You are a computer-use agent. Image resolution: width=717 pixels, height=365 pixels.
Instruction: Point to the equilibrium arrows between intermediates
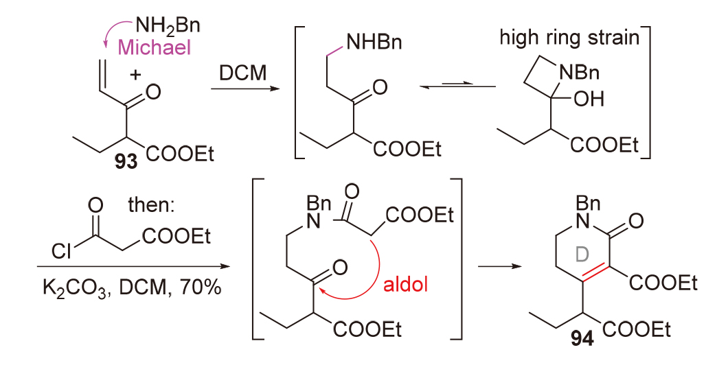click(x=457, y=86)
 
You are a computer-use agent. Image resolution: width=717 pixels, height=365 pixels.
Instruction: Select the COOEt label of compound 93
click(x=181, y=156)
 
